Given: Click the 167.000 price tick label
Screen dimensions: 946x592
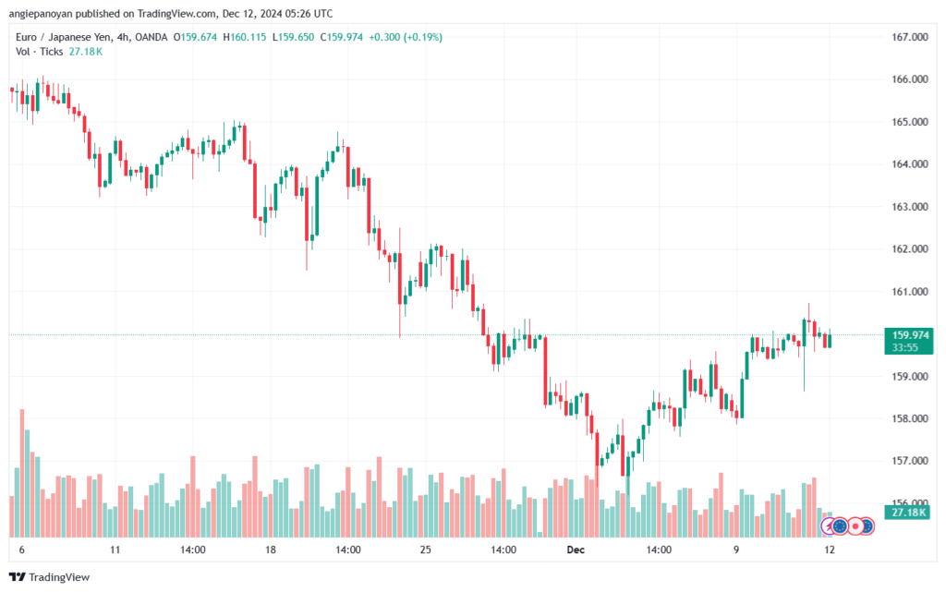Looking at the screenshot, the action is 910,37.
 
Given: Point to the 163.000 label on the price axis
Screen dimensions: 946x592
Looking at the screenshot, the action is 910,207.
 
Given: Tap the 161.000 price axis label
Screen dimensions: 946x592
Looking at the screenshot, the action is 910,292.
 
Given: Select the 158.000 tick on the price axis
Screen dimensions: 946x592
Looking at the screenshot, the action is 910,418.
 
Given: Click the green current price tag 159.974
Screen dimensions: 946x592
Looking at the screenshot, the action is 909,341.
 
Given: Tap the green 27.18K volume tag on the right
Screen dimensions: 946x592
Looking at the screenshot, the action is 909,513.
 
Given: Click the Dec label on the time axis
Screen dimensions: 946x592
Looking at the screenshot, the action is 576,550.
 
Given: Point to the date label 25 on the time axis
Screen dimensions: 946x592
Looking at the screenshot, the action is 425,550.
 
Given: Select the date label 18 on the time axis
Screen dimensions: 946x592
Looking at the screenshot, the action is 271,550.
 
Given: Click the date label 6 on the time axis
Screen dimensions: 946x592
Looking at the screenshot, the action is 22,550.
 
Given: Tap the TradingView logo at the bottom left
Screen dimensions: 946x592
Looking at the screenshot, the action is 50,577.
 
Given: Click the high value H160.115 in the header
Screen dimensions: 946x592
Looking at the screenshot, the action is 244,37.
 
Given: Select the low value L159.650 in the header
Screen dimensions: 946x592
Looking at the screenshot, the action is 293,37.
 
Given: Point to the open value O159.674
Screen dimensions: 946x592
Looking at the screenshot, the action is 195,37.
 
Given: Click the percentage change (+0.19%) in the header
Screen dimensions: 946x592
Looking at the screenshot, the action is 423,37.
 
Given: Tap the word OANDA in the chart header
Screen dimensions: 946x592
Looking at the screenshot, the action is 151,37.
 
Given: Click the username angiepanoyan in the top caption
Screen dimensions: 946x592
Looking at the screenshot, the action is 41,13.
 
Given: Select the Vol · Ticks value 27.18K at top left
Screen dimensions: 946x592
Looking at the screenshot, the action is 86,52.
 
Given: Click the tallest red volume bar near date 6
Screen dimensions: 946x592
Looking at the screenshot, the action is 22,473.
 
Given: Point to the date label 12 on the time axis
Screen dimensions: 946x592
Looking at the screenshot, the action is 830,550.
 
